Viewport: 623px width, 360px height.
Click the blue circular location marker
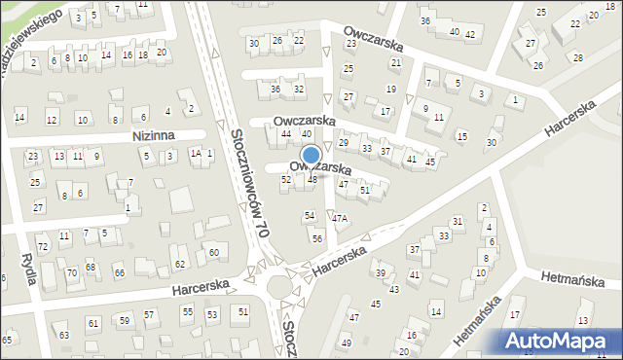pos(311,156)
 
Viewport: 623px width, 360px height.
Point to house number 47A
pos(339,219)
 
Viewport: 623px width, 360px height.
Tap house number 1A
pos(195,153)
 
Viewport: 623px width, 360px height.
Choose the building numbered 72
pos(42,247)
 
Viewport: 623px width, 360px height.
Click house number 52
pos(286,180)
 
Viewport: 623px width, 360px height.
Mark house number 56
pos(317,238)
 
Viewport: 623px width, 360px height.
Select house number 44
pos(286,133)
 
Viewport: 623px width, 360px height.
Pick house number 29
pos(343,143)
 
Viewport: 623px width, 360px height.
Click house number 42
pos(470,35)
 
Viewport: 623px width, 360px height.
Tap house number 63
pos(63,336)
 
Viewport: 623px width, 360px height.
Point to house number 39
pos(381,272)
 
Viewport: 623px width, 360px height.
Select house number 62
pos(179,265)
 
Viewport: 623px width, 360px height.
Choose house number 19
pos(391,90)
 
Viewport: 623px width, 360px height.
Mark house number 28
pos(577,57)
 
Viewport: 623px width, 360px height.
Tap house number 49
pos(347,343)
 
